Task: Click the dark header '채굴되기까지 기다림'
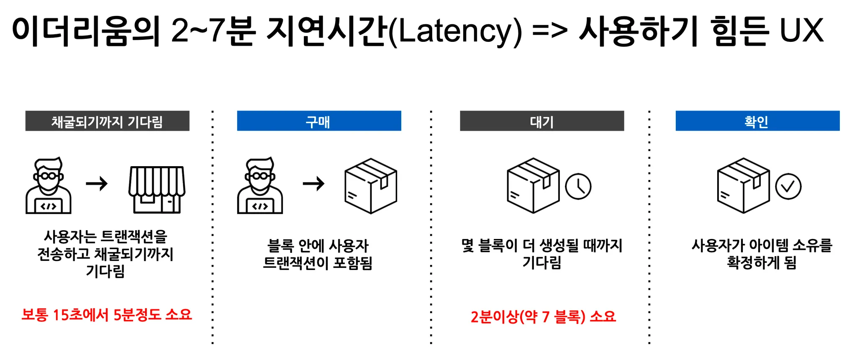[x=107, y=121]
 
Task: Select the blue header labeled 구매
[x=319, y=121]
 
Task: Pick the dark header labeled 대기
[x=542, y=121]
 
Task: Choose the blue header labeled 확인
[x=757, y=121]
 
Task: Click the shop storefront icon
[x=157, y=189]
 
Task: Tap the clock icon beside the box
[x=578, y=187]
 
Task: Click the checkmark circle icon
[x=788, y=187]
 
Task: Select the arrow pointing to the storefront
[x=97, y=183]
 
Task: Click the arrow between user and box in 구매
[x=313, y=183]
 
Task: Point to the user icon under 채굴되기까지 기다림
[x=49, y=186]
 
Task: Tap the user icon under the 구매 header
[x=260, y=186]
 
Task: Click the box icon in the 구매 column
[x=371, y=186]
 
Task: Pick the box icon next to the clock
[x=533, y=186]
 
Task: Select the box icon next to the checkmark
[x=743, y=186]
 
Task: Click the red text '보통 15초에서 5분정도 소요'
[x=107, y=315]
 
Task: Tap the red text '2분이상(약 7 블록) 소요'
[x=543, y=316]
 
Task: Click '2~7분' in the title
[x=213, y=31]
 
